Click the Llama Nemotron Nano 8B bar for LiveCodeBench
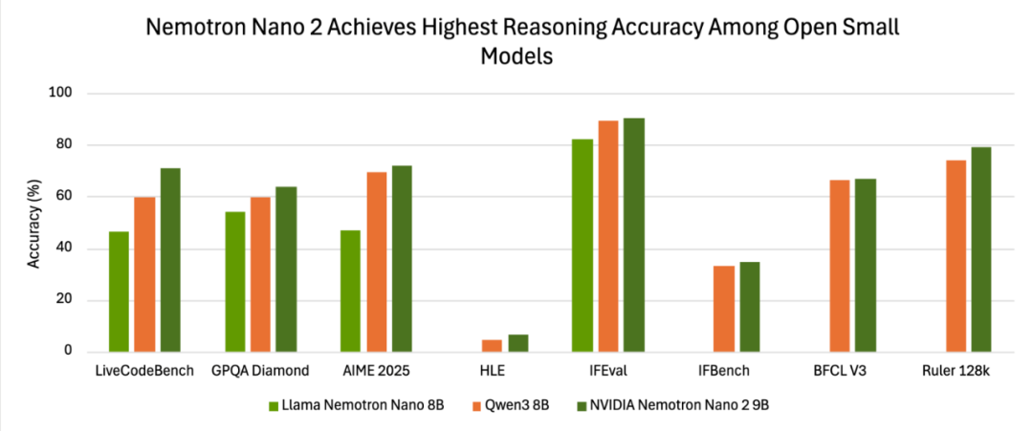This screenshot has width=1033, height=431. [x=119, y=291]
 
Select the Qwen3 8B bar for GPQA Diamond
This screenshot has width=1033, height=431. [x=260, y=274]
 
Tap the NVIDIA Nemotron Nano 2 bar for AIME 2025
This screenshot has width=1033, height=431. [x=402, y=258]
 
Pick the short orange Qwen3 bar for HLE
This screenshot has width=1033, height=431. [x=492, y=346]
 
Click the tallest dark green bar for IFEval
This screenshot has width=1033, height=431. [x=634, y=235]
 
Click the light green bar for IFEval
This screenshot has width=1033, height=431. [x=582, y=246]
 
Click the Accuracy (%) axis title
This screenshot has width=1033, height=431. [x=34, y=223]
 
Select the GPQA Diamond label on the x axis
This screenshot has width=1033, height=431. [x=260, y=371]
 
